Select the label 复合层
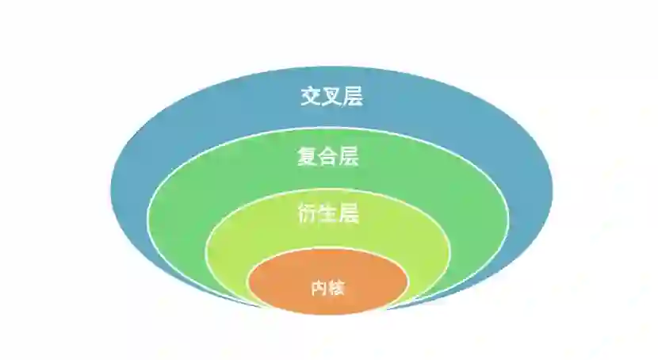click(328, 156)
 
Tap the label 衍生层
click(328, 213)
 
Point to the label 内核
click(328, 288)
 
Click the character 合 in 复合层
click(328, 156)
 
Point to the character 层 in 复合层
click(349, 156)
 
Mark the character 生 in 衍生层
click(328, 213)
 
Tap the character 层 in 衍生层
click(349, 213)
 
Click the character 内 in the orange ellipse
click(319, 288)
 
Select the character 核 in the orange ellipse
click(337, 288)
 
